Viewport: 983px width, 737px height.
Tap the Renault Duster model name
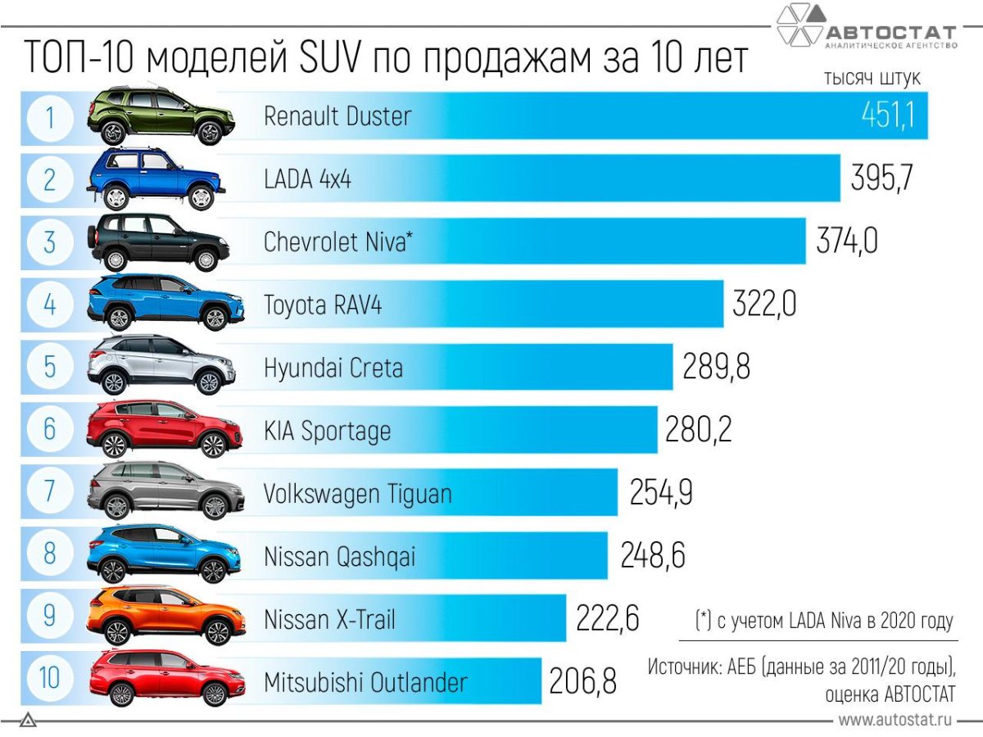[337, 116]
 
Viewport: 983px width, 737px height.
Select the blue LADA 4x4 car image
[156, 179]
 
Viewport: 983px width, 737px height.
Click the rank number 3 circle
[49, 242]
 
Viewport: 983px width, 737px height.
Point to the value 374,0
[847, 242]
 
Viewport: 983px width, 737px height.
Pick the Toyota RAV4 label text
[323, 305]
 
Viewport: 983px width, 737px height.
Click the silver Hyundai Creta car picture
[161, 366]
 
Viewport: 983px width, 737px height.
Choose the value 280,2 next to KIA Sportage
[698, 430]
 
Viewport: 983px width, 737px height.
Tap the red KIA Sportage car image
[164, 430]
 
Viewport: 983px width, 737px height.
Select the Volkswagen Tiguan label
[357, 494]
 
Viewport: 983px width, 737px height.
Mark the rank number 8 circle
[49, 555]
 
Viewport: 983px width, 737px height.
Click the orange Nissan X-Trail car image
[165, 617]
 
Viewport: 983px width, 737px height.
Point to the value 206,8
[582, 681]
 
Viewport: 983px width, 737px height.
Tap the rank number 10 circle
[49, 680]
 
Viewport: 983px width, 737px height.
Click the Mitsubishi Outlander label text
[365, 682]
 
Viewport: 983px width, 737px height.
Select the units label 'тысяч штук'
[872, 79]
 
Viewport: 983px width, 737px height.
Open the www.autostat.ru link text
[896, 721]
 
